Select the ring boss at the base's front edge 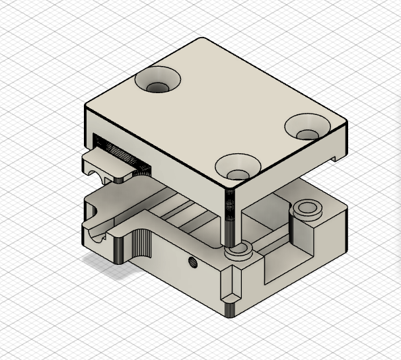237,250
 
